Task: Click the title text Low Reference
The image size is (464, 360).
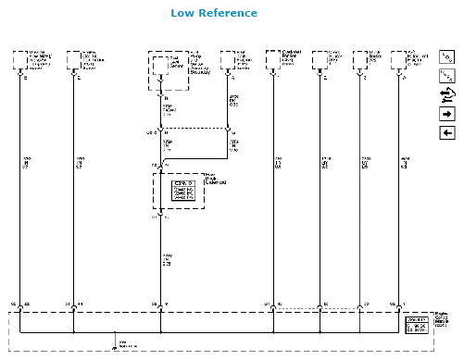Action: pyautogui.click(x=214, y=13)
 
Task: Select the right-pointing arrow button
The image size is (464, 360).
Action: pyautogui.click(x=446, y=114)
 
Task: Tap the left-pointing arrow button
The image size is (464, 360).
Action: pyautogui.click(x=446, y=133)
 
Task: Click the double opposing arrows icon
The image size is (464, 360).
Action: pyautogui.click(x=446, y=94)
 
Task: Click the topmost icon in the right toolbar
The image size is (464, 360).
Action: pyautogui.click(x=446, y=56)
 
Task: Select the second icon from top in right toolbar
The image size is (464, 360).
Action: pyautogui.click(x=446, y=75)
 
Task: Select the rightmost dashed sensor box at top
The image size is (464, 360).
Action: pyautogui.click(x=400, y=60)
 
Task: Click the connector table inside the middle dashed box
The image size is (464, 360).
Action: pyautogui.click(x=185, y=190)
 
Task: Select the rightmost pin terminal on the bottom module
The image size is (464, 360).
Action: pyautogui.click(x=400, y=304)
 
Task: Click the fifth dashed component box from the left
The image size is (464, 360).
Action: pyautogui.click(x=273, y=60)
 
